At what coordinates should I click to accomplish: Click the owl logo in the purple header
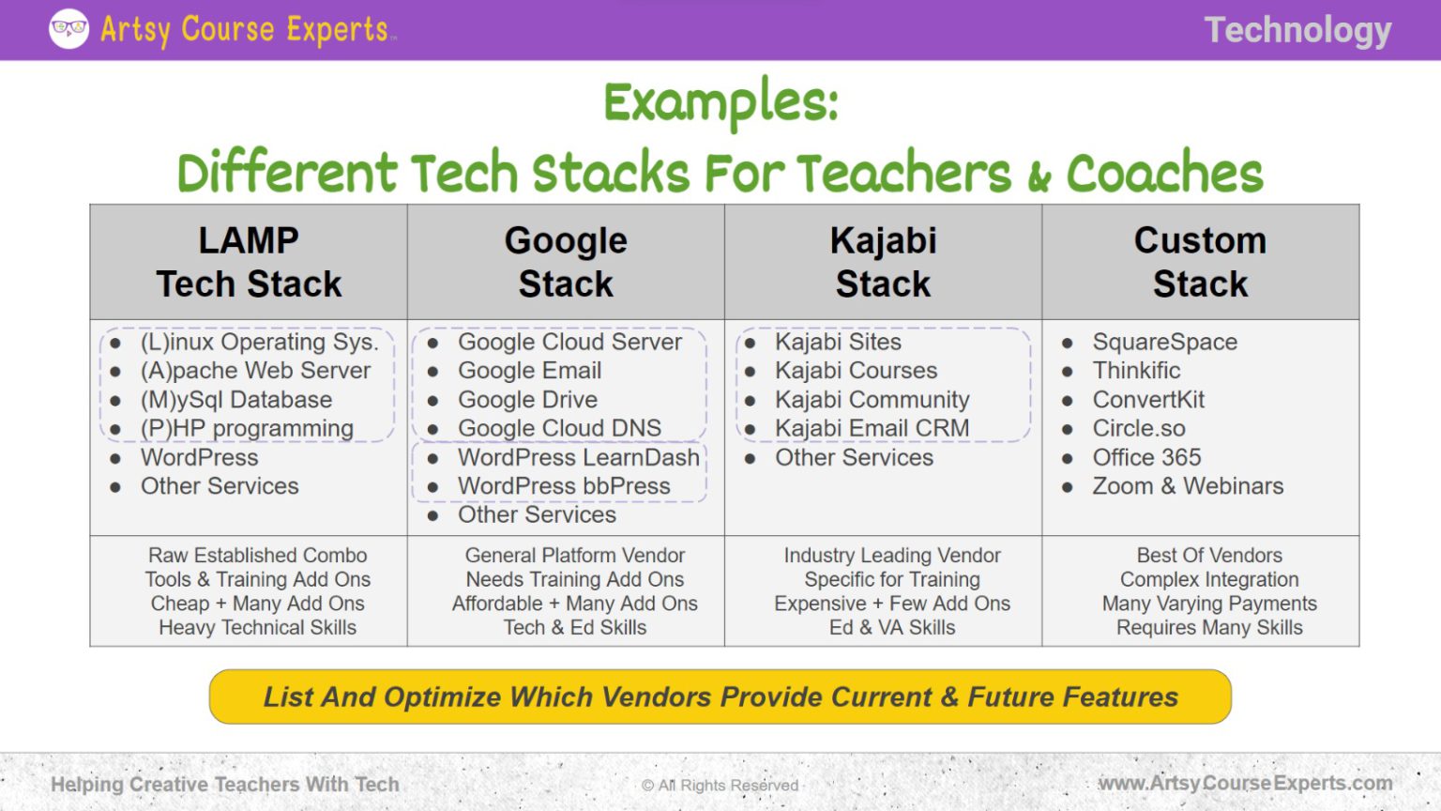pos(68,29)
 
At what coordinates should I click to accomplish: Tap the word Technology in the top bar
pos(1297,30)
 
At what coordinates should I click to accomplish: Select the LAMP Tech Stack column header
pos(249,262)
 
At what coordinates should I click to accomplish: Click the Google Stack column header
pos(566,262)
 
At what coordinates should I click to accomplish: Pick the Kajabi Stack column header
pos(883,262)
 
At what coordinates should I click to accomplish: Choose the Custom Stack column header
pos(1200,262)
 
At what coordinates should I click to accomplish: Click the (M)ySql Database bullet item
pos(235,400)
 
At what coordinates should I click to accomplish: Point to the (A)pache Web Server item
pos(255,371)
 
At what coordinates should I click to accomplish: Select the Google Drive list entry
pos(527,400)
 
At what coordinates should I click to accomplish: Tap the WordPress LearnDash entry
pos(578,457)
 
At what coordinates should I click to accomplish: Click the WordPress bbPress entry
pos(564,486)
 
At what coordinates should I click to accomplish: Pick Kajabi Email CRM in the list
pos(872,428)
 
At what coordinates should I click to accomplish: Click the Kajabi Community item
pos(872,400)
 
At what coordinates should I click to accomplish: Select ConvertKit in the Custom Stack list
pos(1148,400)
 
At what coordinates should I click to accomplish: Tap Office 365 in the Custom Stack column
pos(1146,457)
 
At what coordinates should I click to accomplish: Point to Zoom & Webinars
pos(1188,486)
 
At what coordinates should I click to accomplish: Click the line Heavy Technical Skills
pos(257,628)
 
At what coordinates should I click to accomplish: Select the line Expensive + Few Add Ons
pos(891,604)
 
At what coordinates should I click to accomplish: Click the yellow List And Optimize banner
pos(720,696)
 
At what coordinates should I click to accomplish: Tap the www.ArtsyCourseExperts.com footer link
pos(1245,783)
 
